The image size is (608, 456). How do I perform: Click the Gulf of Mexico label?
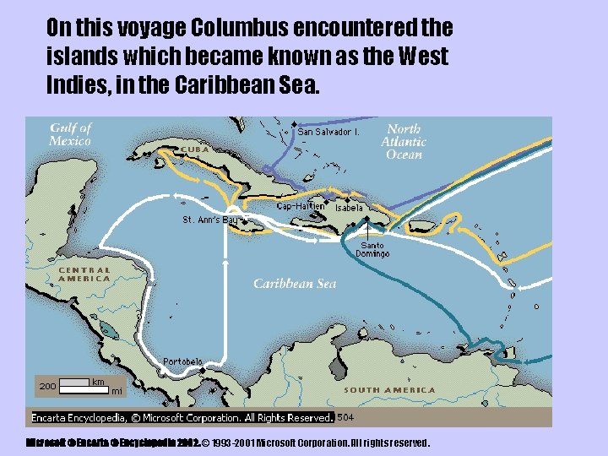pyautogui.click(x=70, y=134)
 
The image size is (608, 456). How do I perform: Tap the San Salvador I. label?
pyautogui.click(x=329, y=132)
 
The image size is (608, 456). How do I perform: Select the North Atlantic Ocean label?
pyautogui.click(x=404, y=142)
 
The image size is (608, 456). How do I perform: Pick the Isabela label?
pyautogui.click(x=349, y=208)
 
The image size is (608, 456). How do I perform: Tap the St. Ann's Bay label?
pyautogui.click(x=211, y=220)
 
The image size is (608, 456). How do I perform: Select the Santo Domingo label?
pyautogui.click(x=372, y=250)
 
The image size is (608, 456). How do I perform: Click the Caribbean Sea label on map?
pyautogui.click(x=295, y=284)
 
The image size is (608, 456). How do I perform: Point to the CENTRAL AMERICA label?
pyautogui.click(x=84, y=274)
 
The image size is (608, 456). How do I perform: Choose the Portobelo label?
pyautogui.click(x=182, y=361)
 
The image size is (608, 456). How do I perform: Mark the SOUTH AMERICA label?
pyautogui.click(x=390, y=390)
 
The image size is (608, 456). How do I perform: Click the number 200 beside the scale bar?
pyautogui.click(x=47, y=386)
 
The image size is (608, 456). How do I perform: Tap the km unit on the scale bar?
pyautogui.click(x=98, y=382)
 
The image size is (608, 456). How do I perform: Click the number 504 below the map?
pyautogui.click(x=345, y=417)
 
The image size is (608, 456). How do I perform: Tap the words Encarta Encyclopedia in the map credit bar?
pyautogui.click(x=79, y=418)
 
